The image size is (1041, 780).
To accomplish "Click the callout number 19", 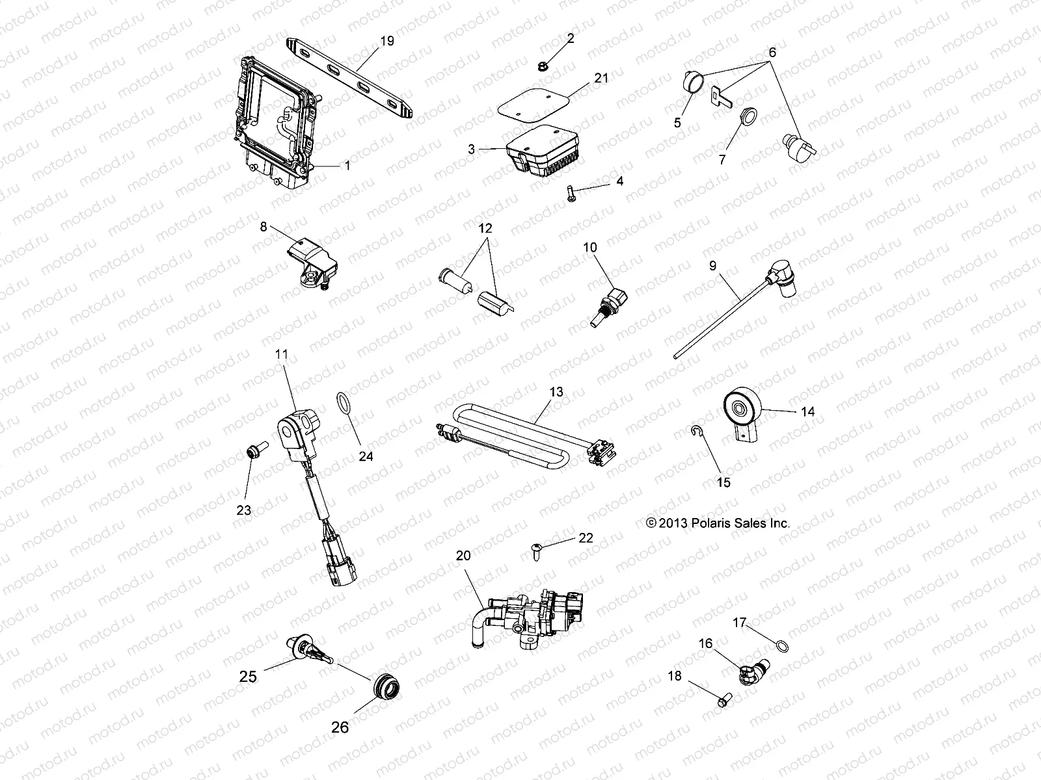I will (386, 41).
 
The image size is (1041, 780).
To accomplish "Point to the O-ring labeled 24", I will (343, 402).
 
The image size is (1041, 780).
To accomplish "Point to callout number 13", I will (556, 393).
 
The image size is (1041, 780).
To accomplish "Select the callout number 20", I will (463, 556).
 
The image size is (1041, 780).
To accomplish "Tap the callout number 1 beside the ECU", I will (347, 166).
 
